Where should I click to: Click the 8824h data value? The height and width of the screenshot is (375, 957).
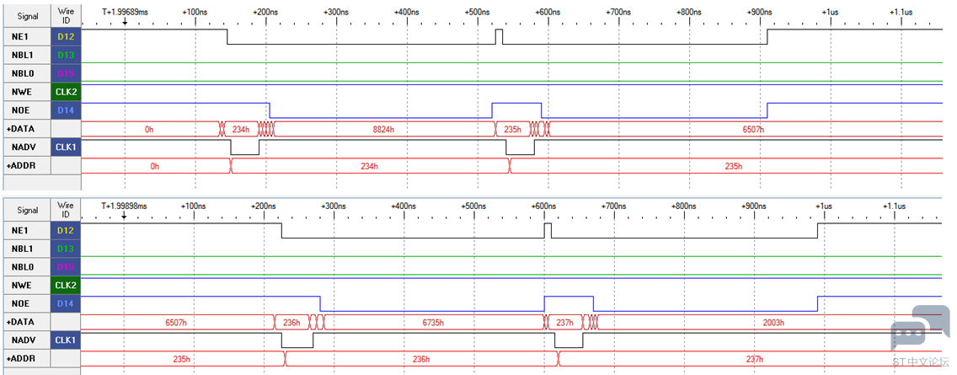click(x=382, y=130)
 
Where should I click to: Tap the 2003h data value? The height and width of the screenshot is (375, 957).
click(x=773, y=323)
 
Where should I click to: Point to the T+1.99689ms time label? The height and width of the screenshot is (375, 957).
click(x=124, y=13)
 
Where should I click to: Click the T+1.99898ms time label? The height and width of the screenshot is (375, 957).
click(x=124, y=205)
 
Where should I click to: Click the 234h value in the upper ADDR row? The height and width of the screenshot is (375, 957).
click(x=369, y=167)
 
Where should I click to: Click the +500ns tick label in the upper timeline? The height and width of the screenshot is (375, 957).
click(x=477, y=13)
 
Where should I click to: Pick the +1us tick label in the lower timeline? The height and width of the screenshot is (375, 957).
click(x=822, y=205)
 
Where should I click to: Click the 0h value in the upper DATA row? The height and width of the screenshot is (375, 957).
click(x=149, y=130)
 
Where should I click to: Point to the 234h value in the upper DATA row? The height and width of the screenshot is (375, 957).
click(x=241, y=130)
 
